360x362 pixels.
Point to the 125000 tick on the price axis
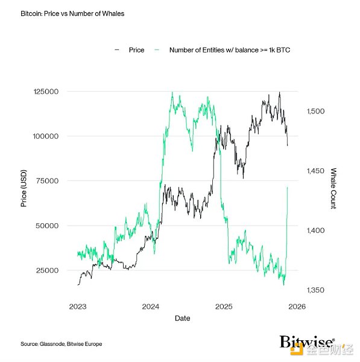pyautogui.click(x=45, y=92)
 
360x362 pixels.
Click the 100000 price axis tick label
pyautogui.click(x=45, y=136)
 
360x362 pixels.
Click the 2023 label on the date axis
pyautogui.click(x=78, y=306)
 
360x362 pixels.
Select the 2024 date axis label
pyautogui.click(x=151, y=306)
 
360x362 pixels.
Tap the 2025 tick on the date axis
pyautogui.click(x=224, y=306)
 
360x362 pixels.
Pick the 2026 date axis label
pyautogui.click(x=297, y=306)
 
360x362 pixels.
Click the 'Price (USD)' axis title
pyautogui.click(x=24, y=189)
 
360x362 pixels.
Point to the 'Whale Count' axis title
pyautogui.click(x=333, y=189)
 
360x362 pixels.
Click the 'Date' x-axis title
pyautogui.click(x=183, y=318)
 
